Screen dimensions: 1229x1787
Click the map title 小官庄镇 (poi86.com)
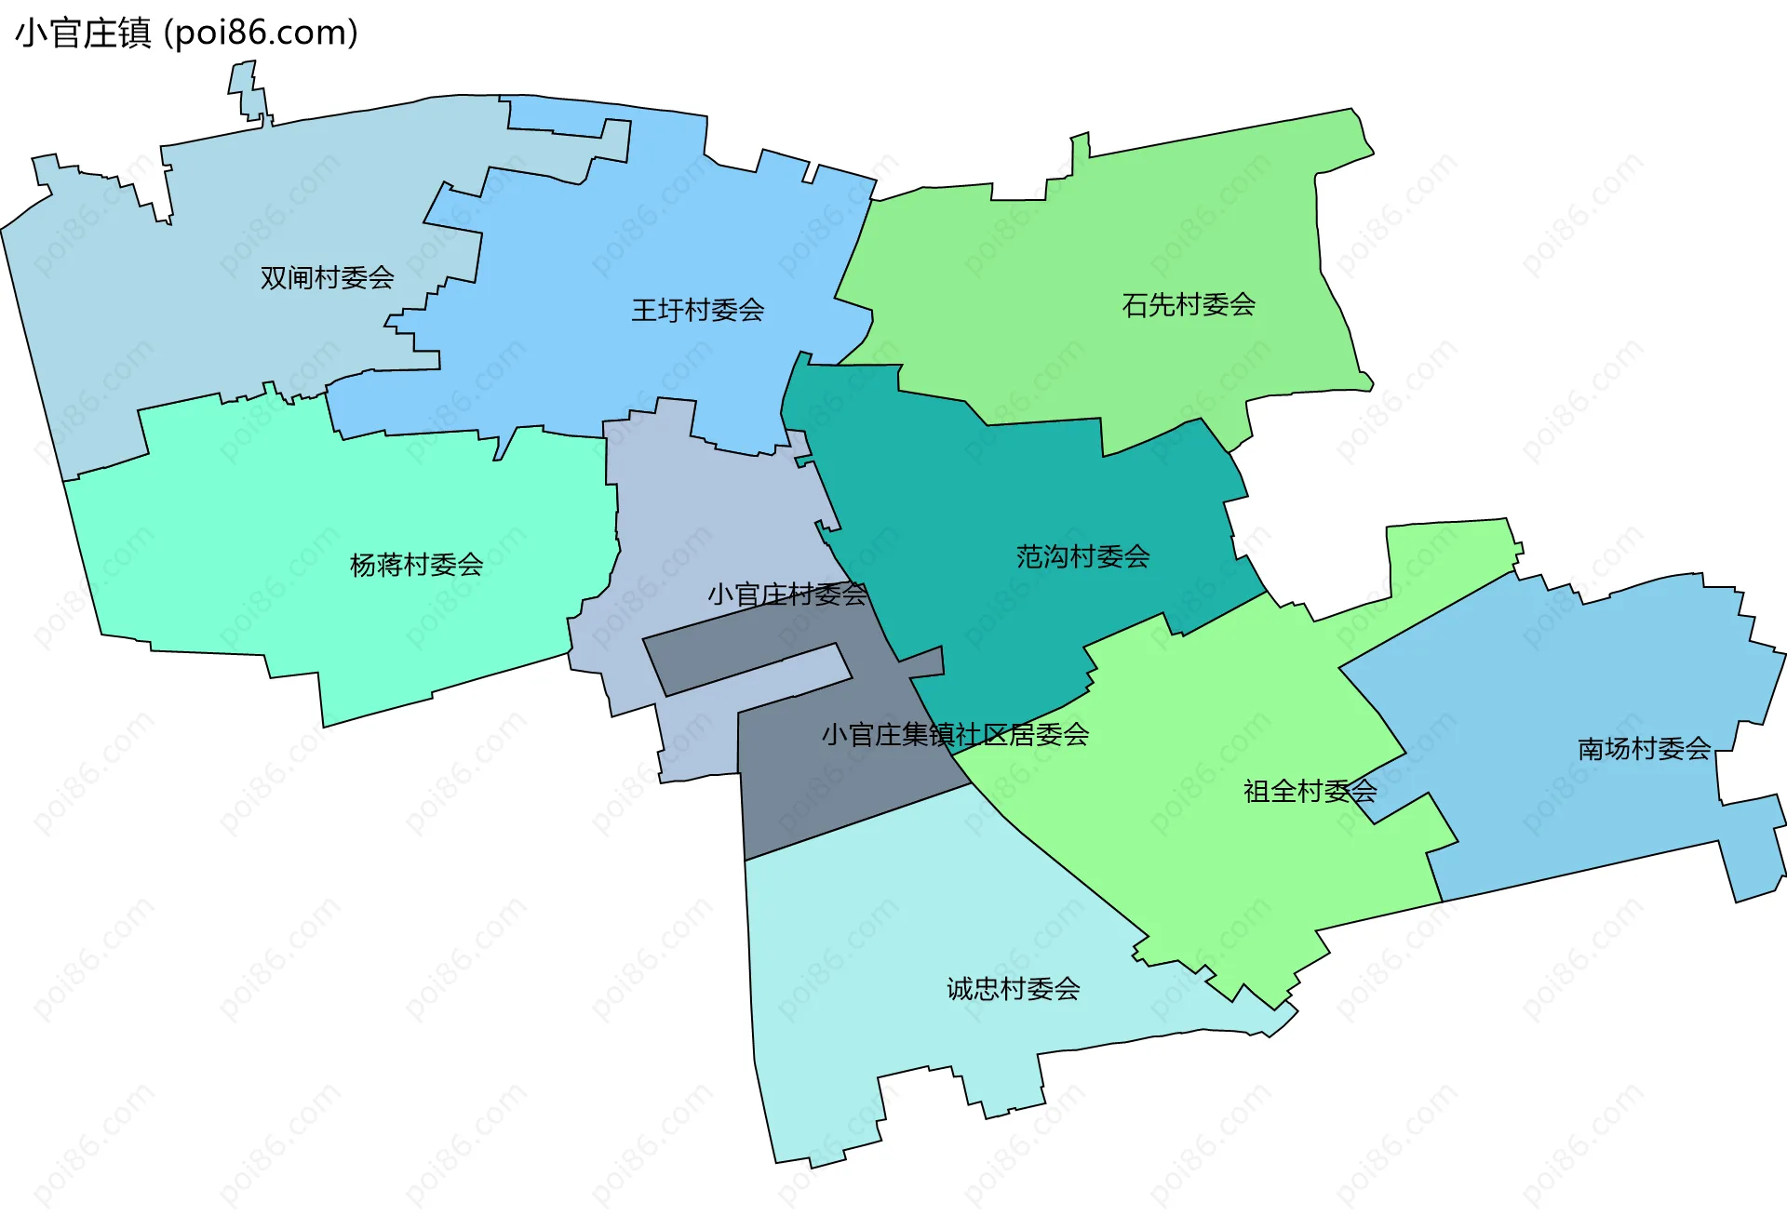186,33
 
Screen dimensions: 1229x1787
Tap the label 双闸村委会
327,277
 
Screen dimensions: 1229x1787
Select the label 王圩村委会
697,310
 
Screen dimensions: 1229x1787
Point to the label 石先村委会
1189,305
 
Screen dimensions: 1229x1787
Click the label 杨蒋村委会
416,565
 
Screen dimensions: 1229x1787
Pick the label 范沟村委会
1082,557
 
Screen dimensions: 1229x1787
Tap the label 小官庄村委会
786,594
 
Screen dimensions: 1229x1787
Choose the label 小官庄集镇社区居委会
955,735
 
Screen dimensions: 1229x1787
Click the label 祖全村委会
1310,792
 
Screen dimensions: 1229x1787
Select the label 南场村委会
1644,749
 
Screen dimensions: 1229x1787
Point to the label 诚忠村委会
1013,989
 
